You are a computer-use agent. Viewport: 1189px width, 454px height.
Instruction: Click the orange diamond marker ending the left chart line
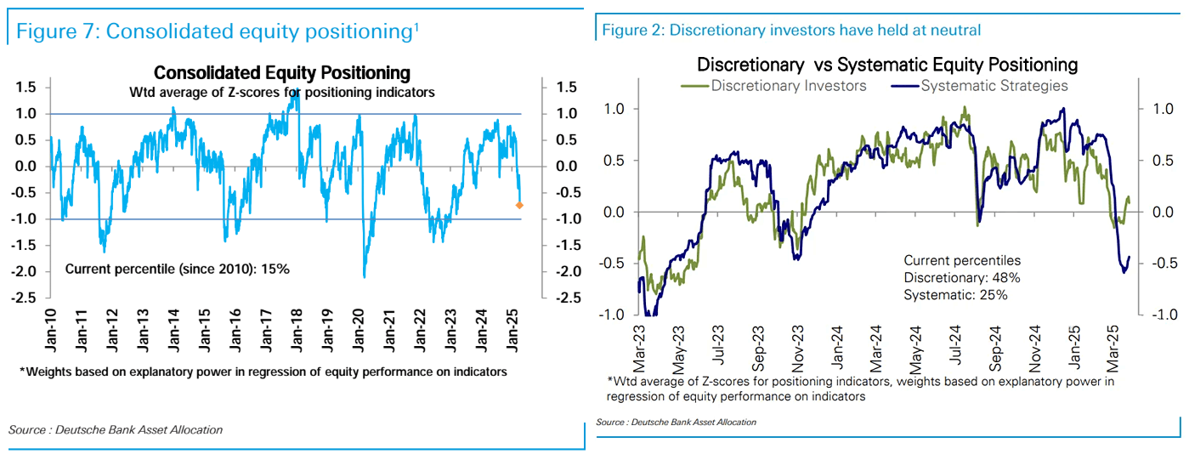coord(519,205)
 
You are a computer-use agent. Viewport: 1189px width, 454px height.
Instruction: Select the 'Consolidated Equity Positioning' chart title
coord(281,73)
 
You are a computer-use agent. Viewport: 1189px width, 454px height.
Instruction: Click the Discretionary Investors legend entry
coord(775,85)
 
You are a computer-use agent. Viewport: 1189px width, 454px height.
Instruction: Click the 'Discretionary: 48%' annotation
coord(961,277)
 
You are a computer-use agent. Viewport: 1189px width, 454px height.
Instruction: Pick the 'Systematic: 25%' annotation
coord(955,294)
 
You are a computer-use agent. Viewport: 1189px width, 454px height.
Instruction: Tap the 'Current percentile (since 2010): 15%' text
coord(178,270)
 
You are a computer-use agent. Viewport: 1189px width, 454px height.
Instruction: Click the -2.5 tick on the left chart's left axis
coord(24,298)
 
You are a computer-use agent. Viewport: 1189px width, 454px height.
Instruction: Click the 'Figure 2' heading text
coord(791,31)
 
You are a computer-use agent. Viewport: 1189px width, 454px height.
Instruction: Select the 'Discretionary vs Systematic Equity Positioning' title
coord(887,65)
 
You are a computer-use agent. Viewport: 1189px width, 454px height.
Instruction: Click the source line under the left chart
coord(116,429)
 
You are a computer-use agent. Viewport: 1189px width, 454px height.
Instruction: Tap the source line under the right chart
coord(676,422)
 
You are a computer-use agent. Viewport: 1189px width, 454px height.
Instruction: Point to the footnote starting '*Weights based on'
coord(263,372)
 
